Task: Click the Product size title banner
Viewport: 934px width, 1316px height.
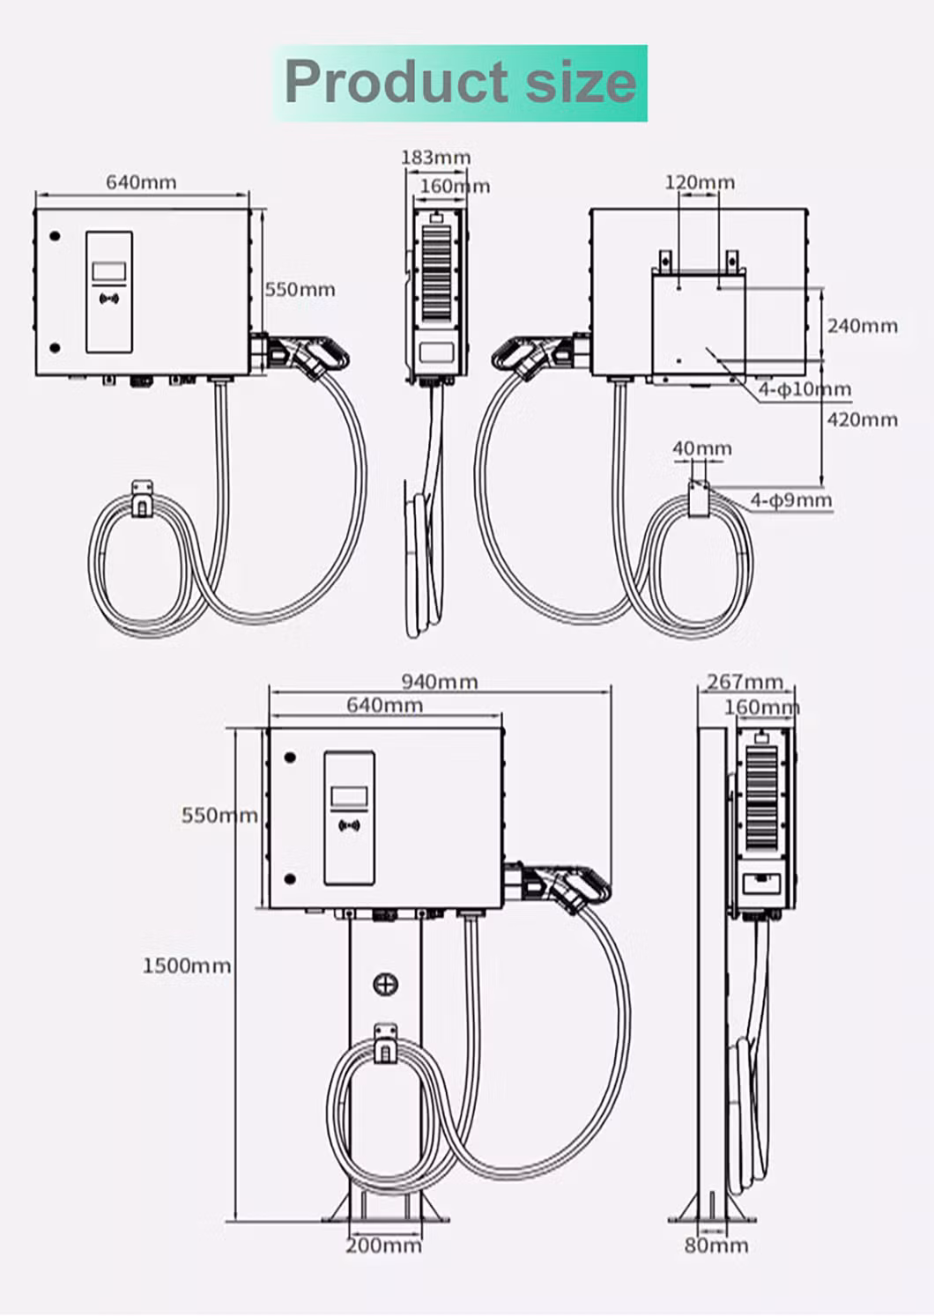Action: pos(461,83)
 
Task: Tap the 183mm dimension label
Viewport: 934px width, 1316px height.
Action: pos(435,158)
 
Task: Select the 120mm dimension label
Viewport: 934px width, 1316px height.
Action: pos(699,182)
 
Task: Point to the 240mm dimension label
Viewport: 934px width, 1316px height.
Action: pos(862,326)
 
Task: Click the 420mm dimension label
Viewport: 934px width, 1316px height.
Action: pos(862,419)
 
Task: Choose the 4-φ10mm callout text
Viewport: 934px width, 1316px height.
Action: pos(804,389)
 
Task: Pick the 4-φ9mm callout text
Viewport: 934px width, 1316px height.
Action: pos(790,500)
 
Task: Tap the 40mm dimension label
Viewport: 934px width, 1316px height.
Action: pos(701,448)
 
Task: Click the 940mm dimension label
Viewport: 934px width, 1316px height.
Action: pos(439,681)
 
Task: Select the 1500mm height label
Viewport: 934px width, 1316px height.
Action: pos(186,965)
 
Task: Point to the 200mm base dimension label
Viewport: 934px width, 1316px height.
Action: pos(382,1246)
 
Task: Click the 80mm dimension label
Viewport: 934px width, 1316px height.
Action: pos(715,1246)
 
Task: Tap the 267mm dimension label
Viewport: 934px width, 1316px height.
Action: pos(745,682)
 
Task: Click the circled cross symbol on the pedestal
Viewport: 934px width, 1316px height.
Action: pos(385,984)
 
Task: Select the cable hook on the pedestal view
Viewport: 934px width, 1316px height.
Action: pos(385,1042)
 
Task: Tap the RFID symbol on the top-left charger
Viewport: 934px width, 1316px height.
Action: pos(109,299)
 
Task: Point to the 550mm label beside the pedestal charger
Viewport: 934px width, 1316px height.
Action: pos(219,815)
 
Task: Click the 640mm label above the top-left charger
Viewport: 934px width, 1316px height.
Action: pos(141,182)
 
